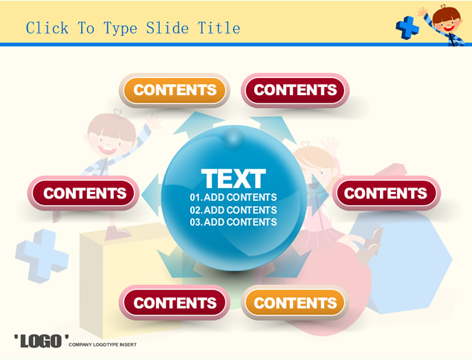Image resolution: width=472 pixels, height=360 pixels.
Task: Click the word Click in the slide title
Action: click(x=47, y=28)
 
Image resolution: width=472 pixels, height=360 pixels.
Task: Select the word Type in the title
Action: click(x=120, y=28)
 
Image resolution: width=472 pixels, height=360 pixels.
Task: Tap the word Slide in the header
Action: click(x=167, y=28)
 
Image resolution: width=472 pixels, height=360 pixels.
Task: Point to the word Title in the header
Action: click(x=219, y=28)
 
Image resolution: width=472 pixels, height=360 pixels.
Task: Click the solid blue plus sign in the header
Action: click(x=407, y=28)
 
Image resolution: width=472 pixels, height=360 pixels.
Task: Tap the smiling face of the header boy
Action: click(x=447, y=23)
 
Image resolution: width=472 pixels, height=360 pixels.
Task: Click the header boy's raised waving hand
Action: click(x=423, y=11)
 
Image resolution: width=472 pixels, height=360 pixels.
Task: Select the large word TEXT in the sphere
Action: click(x=233, y=179)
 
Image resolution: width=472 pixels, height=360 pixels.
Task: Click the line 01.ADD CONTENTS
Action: click(x=233, y=197)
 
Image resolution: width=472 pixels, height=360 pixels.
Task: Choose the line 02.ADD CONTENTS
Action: click(x=233, y=210)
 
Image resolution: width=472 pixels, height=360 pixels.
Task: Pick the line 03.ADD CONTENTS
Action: click(x=233, y=222)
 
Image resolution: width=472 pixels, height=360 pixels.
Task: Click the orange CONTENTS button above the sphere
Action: click(x=175, y=90)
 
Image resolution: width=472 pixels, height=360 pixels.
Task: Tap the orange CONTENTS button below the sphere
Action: click(x=295, y=303)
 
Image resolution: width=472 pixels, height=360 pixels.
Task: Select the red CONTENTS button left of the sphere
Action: click(x=84, y=193)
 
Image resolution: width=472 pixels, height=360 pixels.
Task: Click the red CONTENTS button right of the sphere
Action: click(x=386, y=193)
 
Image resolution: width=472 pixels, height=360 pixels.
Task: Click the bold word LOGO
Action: click(x=41, y=341)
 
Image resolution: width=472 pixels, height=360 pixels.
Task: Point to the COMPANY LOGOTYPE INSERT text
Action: click(x=103, y=344)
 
